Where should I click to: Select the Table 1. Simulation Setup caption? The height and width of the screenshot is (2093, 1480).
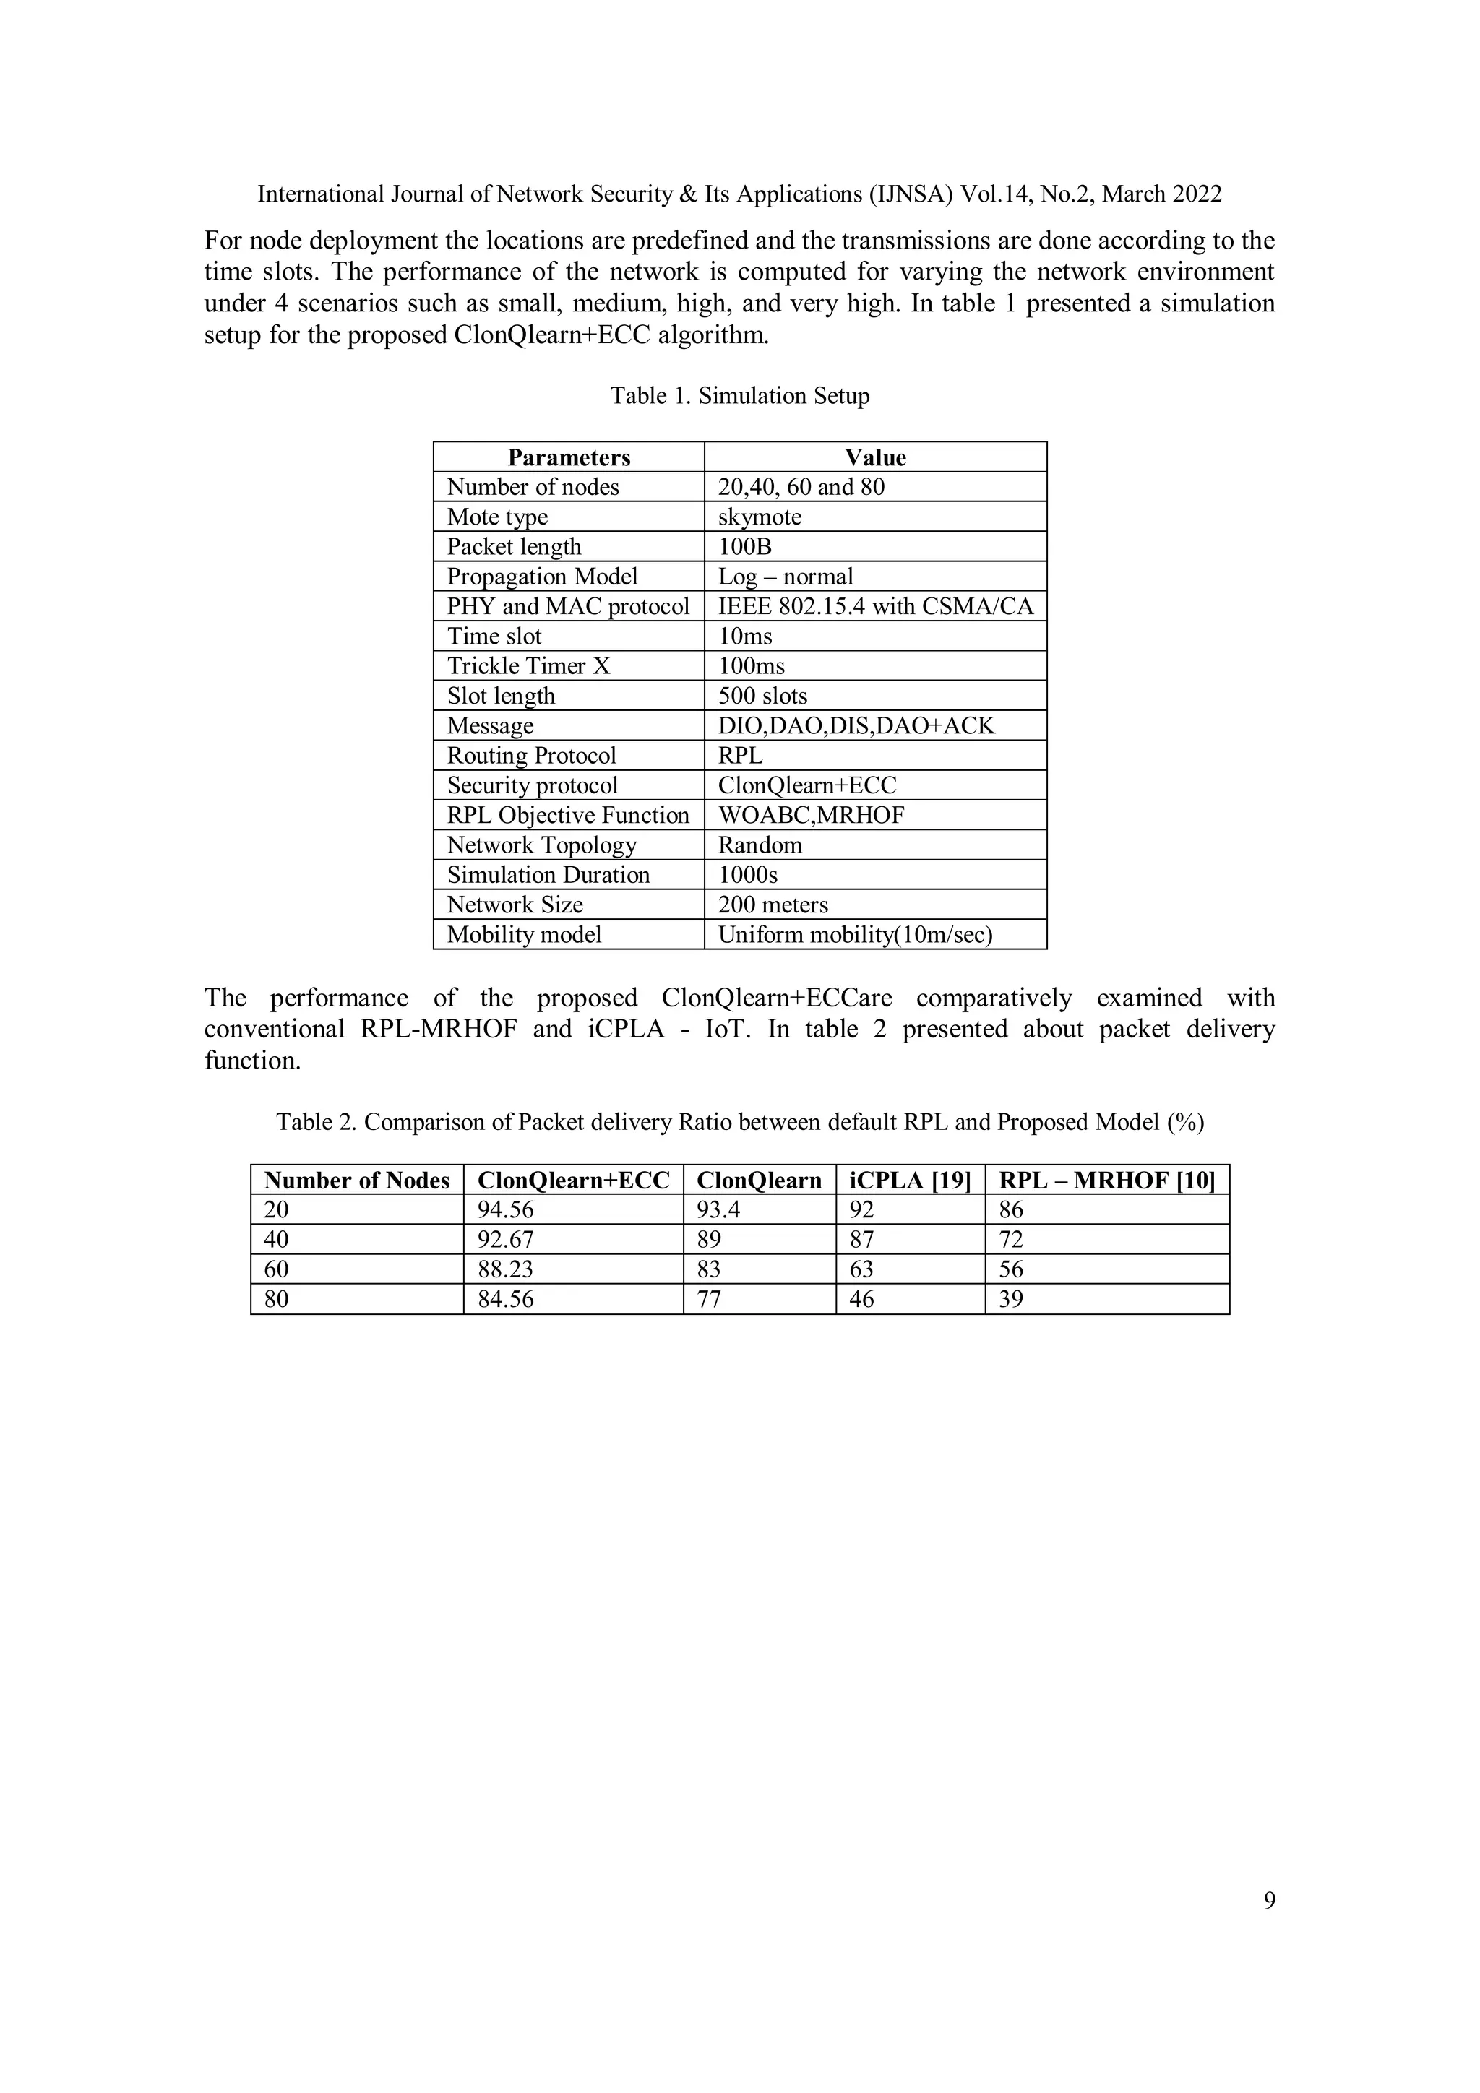click(x=739, y=396)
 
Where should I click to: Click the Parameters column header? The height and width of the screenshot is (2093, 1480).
click(x=569, y=457)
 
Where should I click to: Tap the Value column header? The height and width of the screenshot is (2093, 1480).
click(x=874, y=457)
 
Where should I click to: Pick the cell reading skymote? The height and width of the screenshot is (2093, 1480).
click(x=760, y=517)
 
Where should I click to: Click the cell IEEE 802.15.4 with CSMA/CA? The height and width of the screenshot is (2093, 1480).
click(x=875, y=606)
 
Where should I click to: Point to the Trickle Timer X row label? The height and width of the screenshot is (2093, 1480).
click(x=528, y=665)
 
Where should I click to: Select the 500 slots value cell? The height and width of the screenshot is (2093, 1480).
click(x=762, y=696)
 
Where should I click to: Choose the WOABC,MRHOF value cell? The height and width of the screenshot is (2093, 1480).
click(x=811, y=815)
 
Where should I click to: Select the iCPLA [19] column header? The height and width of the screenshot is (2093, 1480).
click(x=909, y=1181)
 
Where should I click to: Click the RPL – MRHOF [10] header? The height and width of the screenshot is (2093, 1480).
click(x=1106, y=1181)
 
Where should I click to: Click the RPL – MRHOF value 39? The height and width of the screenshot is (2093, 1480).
click(x=1010, y=1299)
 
